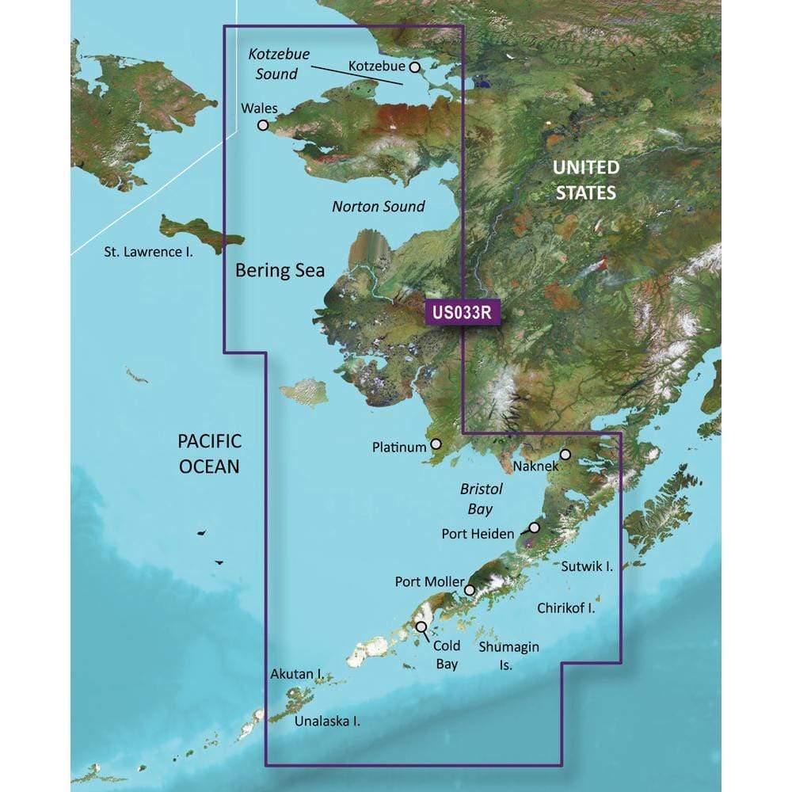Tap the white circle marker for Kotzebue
[x=414, y=68]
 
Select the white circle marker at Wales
[x=263, y=124]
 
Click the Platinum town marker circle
[x=435, y=446]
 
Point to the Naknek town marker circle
[x=565, y=455]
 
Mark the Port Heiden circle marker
[x=534, y=527]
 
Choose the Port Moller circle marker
[x=470, y=590]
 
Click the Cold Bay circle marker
[x=421, y=626]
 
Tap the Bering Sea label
[x=280, y=271]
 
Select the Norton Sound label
[x=378, y=207]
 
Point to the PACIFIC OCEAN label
[x=208, y=453]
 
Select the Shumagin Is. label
[x=509, y=656]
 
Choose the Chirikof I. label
[x=565, y=608]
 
